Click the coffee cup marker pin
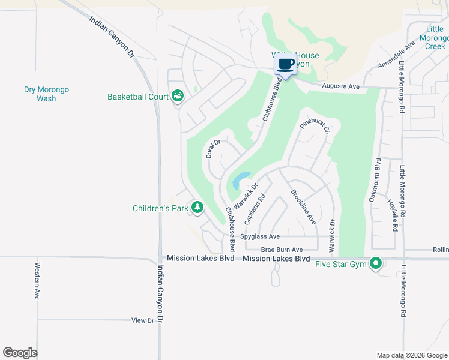[x=286, y=64]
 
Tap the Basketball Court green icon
[x=177, y=96]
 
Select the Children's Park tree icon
[x=197, y=208]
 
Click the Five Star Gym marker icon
[x=376, y=263]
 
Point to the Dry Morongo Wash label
[x=46, y=94]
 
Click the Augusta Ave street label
[x=340, y=86]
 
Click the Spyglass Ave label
[x=260, y=237]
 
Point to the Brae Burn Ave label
[x=282, y=250]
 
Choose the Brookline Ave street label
[x=303, y=207]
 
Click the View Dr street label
[x=143, y=321]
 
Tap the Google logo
[x=20, y=353]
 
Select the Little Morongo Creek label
[x=435, y=37]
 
